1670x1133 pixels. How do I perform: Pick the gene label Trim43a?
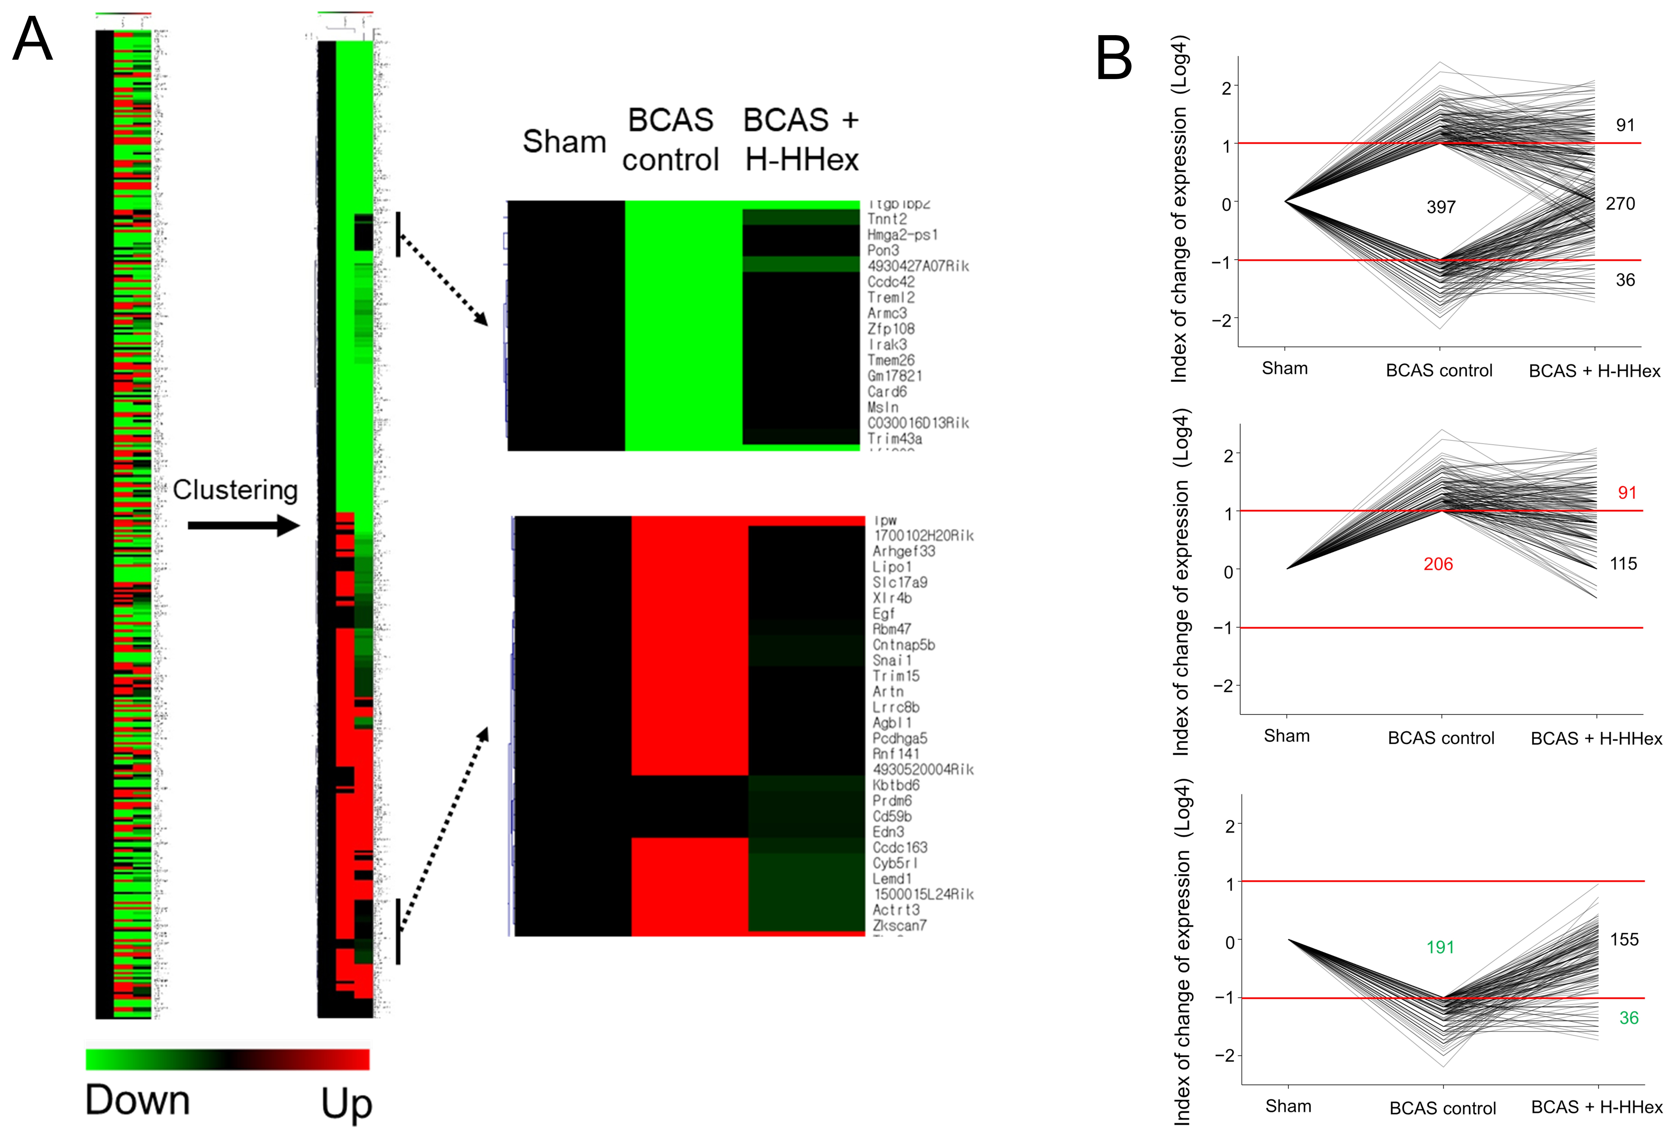[895, 439]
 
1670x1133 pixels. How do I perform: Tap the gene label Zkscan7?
[900, 925]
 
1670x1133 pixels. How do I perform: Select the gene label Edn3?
[888, 832]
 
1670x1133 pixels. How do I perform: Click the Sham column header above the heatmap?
[564, 142]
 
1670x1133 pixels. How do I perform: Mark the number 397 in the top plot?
[1441, 207]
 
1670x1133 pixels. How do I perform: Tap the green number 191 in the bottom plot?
[1440, 947]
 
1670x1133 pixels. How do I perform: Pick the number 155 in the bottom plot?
[1624, 940]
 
